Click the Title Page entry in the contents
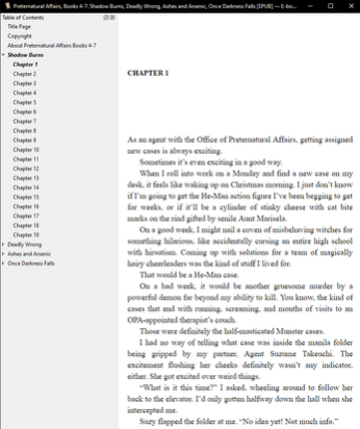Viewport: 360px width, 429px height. coord(20,27)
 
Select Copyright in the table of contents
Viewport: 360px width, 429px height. coord(20,36)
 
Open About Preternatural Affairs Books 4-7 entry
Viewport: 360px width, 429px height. coord(46,46)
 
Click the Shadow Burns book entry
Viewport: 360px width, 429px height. coord(28,55)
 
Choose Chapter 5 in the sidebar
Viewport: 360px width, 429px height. coord(25,102)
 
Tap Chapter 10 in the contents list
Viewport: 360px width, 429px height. coord(26,150)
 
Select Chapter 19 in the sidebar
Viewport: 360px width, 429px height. coord(26,234)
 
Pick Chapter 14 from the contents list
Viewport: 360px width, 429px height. coord(26,188)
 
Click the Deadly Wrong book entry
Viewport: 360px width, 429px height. coord(24,243)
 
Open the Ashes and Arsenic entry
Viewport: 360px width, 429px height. coord(31,253)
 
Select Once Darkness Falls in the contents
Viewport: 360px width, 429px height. coord(32,262)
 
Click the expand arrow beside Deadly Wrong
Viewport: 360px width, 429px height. coord(4,243)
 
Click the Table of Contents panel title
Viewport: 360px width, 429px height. coord(24,18)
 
